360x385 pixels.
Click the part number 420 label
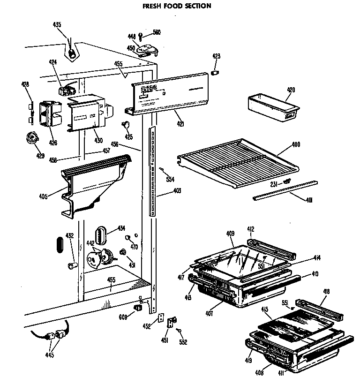point(291,90)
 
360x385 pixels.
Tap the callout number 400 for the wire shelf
point(296,145)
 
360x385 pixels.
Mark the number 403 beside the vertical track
point(177,190)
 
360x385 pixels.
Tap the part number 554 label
point(170,180)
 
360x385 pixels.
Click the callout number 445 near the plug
point(50,355)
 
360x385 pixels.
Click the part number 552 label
point(183,342)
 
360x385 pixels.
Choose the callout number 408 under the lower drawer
point(259,373)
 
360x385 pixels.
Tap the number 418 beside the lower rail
point(327,292)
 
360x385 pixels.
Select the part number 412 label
point(251,228)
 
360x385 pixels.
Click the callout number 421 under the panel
point(180,124)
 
